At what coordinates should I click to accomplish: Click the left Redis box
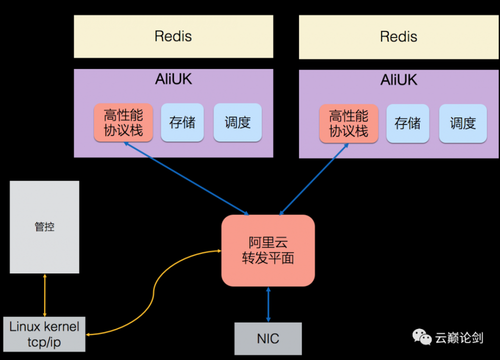pos(173,36)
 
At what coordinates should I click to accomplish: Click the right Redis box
pos(398,37)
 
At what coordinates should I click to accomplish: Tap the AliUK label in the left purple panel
pos(173,79)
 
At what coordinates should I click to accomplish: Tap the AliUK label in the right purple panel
pos(398,80)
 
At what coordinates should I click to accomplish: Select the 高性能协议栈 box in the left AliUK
pos(123,123)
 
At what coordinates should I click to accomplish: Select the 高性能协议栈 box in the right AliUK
pos(348,123)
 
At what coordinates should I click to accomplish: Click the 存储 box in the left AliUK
pos(182,122)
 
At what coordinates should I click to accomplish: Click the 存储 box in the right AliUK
pos(407,123)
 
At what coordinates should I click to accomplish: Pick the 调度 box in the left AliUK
pos(237,122)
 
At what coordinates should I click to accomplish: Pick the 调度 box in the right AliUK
pos(462,123)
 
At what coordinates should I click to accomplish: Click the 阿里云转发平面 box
pos(268,250)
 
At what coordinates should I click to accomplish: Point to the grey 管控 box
pos(44,227)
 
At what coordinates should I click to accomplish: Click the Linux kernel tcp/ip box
pos(44,334)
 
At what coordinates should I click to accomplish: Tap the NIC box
pos(268,338)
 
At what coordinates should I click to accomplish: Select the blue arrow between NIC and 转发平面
pos(268,304)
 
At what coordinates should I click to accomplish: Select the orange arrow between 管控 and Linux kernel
pos(45,295)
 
